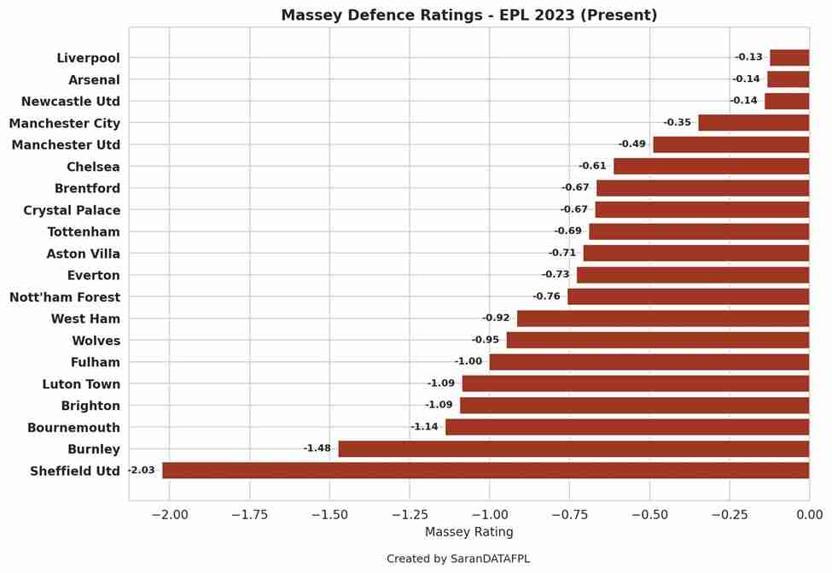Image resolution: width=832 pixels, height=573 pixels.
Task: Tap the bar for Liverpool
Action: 789,58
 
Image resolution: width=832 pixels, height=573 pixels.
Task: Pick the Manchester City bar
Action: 753,123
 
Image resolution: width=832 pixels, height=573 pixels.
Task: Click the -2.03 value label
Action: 142,471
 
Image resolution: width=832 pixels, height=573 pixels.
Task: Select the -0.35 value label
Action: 678,123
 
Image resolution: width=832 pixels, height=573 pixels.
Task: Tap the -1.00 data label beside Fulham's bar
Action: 468,362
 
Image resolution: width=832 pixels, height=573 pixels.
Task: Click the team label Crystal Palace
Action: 72,210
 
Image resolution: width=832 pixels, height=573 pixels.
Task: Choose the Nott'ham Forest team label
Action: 65,297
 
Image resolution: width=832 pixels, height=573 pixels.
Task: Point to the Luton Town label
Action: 81,384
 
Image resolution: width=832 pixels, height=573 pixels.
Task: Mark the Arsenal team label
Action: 94,79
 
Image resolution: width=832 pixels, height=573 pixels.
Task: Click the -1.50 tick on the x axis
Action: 329,514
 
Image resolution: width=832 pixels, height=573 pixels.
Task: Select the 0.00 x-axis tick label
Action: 809,514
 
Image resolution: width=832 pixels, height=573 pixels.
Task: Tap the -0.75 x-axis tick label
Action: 569,514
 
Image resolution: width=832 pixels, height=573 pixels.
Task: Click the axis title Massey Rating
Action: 468,533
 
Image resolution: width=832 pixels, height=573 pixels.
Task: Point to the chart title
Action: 468,15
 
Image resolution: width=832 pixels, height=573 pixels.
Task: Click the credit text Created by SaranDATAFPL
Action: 457,559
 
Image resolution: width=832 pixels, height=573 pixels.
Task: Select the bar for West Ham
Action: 663,319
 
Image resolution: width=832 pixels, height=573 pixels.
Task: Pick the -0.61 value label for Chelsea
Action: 592,167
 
